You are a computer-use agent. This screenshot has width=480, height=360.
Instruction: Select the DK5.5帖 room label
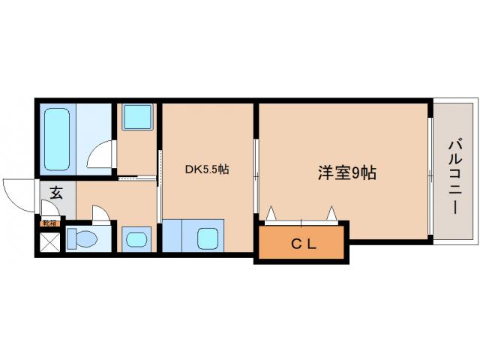click(x=206, y=169)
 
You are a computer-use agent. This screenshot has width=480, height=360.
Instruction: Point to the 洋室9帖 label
click(x=346, y=172)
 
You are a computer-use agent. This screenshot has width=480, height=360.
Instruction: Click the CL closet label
click(x=303, y=243)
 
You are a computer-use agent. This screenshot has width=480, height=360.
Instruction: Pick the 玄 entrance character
click(x=56, y=192)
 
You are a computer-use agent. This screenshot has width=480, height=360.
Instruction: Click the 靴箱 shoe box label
click(x=49, y=223)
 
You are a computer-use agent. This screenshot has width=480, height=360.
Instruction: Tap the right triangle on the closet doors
click(x=331, y=214)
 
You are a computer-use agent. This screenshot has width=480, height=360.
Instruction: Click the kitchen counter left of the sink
click(x=173, y=236)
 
